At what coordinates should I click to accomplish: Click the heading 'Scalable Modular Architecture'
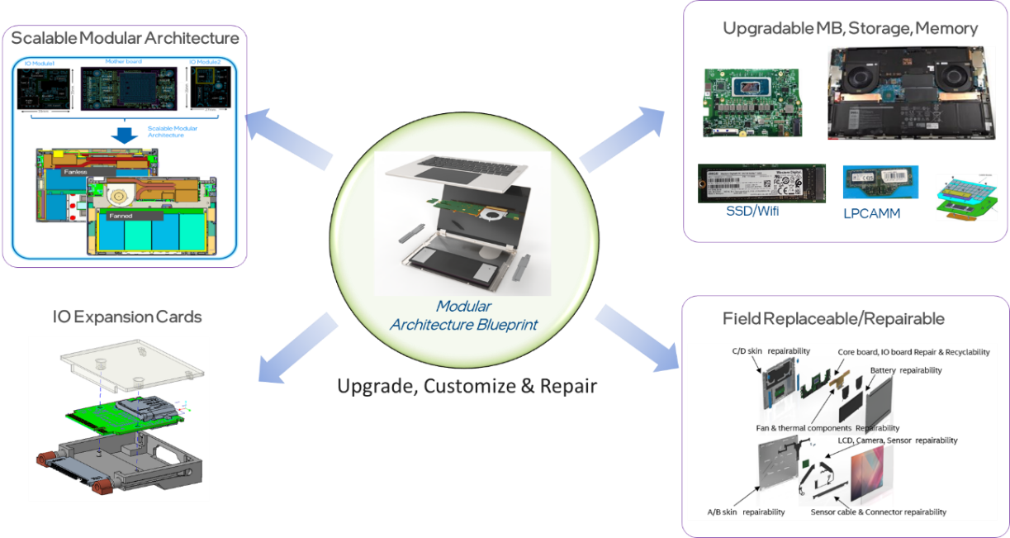pos(125,37)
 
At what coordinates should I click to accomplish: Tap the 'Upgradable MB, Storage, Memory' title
pos(850,29)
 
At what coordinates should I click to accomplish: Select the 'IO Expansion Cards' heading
pos(128,317)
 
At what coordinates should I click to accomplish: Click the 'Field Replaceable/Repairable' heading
pos(833,319)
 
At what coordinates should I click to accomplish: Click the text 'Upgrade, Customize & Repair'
pos(467,386)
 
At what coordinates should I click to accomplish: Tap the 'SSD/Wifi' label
pos(751,212)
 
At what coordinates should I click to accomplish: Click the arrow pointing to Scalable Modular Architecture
pos(293,136)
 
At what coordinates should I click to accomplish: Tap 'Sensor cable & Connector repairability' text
pos(879,512)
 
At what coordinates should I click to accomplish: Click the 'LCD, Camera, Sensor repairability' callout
pos(898,440)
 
